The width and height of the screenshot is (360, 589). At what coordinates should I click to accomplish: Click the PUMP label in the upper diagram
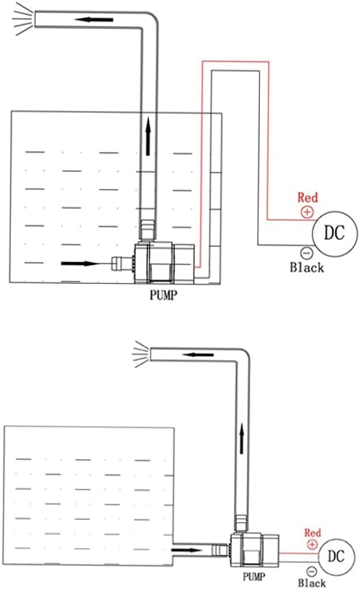pos(163,295)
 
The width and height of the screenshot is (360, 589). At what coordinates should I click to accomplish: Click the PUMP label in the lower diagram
pos(253,577)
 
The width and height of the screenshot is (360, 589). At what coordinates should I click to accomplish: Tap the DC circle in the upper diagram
pos(335,233)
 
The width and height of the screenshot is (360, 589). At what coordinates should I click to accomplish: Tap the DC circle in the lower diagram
pos(336,556)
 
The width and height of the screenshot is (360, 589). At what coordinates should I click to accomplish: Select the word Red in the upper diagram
pos(307,197)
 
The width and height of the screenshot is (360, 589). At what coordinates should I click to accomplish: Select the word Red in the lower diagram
pos(312,533)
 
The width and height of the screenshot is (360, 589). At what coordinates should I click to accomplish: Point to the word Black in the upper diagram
pos(307,267)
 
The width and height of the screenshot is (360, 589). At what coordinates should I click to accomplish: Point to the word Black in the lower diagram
pos(312,583)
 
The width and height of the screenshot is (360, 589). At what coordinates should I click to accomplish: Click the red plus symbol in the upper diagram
pos(307,212)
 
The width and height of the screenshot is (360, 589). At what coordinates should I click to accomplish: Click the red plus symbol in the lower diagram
pos(312,544)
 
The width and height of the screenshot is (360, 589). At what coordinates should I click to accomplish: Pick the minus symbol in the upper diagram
pos(307,253)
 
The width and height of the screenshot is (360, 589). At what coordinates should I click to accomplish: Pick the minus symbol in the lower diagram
pos(312,572)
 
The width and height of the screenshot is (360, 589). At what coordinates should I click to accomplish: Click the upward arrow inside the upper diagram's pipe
pos(148,136)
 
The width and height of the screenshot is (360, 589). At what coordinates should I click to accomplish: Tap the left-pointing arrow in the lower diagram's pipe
pos(198,354)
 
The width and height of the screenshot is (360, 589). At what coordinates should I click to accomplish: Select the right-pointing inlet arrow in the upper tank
pos(81,264)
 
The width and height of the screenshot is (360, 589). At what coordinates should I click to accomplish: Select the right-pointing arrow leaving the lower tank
pos(187,550)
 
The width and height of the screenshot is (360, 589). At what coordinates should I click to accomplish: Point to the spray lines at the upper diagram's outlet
pos(22,19)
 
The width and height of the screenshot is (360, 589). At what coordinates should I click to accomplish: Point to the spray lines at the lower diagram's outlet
pos(141,354)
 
